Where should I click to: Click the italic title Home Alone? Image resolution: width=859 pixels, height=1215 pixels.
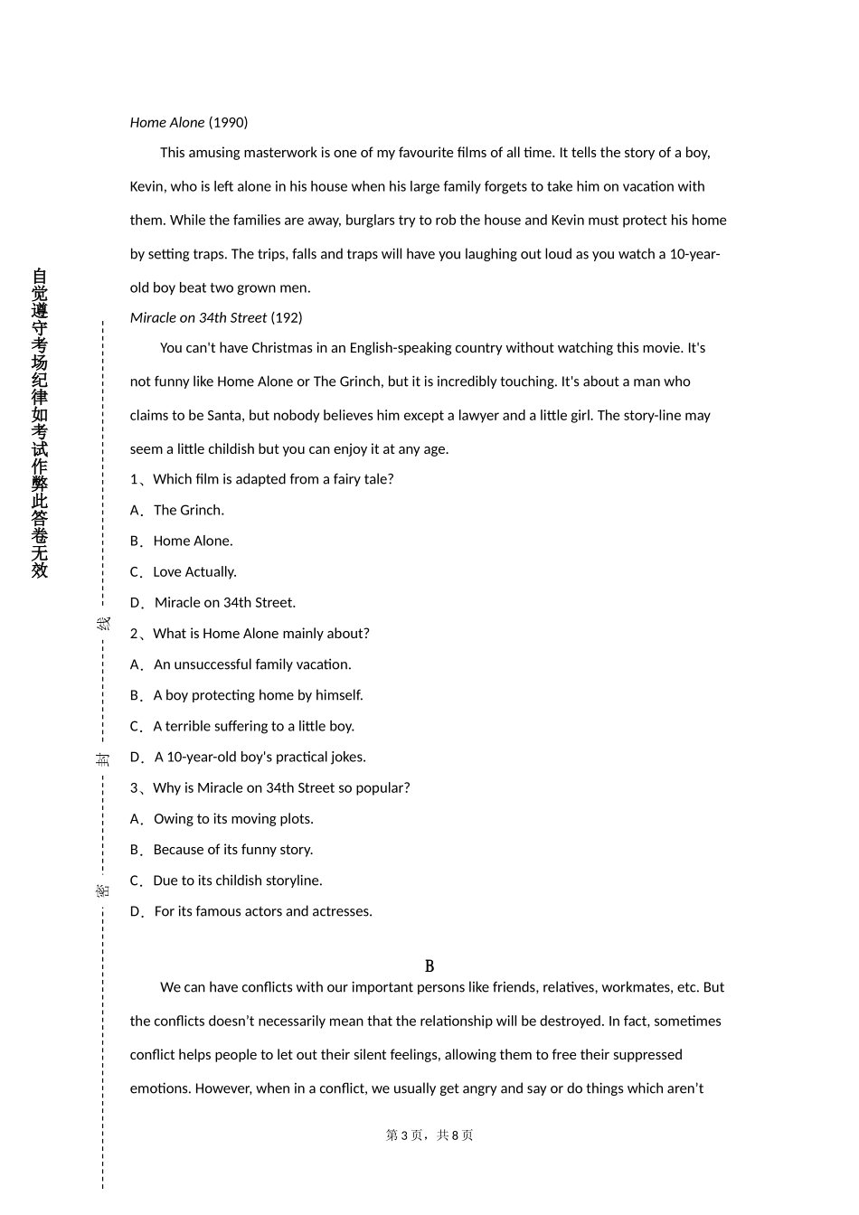coord(167,122)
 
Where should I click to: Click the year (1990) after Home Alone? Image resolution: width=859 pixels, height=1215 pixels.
coord(228,122)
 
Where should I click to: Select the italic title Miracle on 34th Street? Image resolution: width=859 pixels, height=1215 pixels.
coord(198,317)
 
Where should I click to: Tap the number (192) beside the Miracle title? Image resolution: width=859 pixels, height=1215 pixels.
coord(287,317)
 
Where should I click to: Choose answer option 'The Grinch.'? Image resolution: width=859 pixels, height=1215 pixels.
coord(189,510)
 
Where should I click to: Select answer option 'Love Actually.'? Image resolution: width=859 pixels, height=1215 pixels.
coord(194,571)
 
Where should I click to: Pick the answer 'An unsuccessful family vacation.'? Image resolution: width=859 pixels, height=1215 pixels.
coord(252,664)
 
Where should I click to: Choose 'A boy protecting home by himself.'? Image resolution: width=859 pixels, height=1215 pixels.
coord(258,695)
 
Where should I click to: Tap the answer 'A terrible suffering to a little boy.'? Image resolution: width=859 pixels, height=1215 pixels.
coord(253,726)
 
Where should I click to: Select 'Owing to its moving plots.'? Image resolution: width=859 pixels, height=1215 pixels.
coord(233,819)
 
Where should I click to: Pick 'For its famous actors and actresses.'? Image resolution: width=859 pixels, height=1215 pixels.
coord(263,911)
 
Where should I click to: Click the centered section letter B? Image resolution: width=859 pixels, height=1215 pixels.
coord(429,966)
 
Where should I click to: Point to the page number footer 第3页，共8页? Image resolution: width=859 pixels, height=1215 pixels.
coord(429,1135)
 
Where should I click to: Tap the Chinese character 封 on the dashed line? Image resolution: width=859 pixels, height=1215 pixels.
coord(103,758)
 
